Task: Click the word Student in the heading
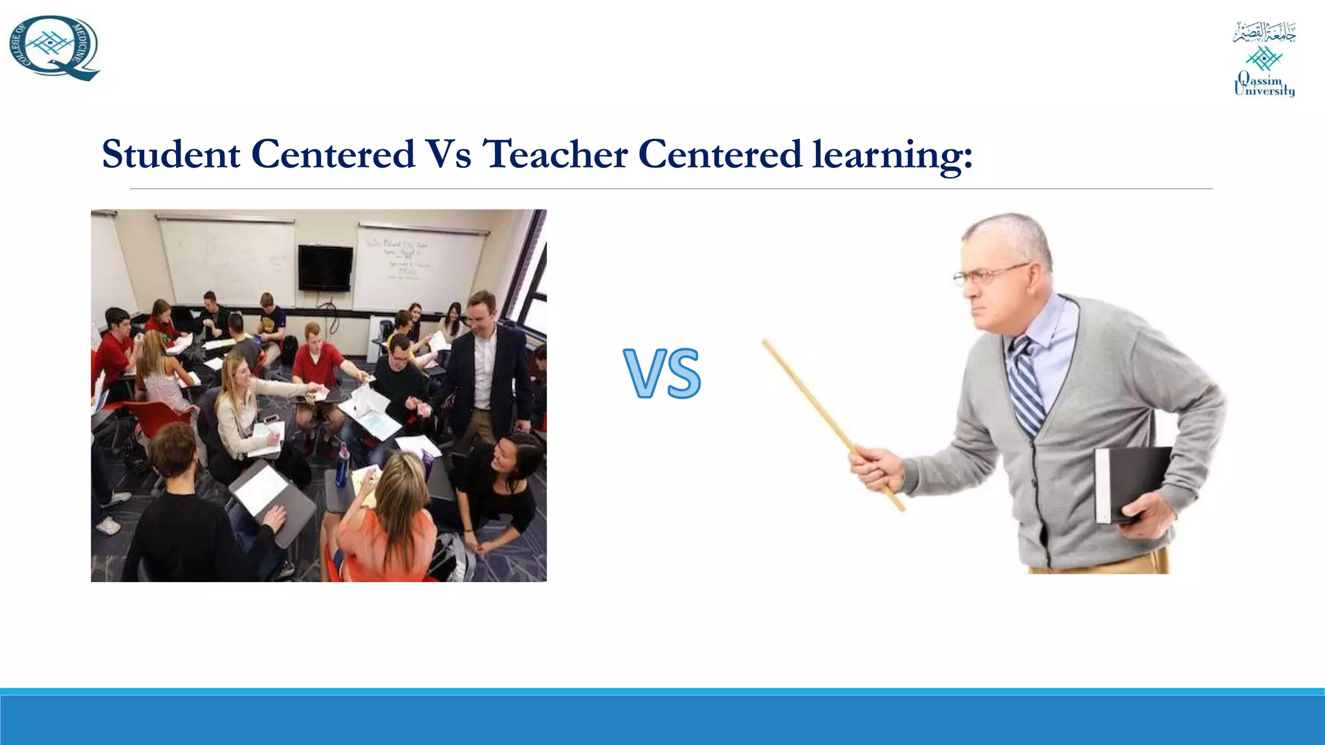pos(171,155)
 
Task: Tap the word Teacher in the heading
pos(555,155)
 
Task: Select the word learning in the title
pos(892,156)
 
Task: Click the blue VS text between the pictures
pos(662,373)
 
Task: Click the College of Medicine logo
pos(54,49)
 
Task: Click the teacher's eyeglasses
pos(990,275)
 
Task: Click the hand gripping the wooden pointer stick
pos(877,469)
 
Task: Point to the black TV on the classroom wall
pos(325,268)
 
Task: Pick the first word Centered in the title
pos(333,155)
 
